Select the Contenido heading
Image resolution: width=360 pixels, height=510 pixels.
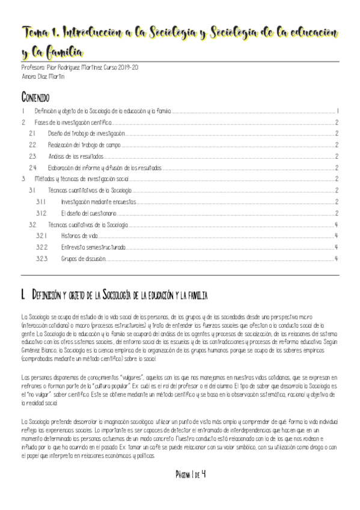point(35,97)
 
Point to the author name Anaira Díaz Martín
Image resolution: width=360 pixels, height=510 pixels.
point(43,77)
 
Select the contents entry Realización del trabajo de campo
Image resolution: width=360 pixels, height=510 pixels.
point(84,145)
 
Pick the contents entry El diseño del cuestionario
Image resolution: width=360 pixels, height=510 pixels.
point(89,213)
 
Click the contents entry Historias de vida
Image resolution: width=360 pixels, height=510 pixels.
point(79,236)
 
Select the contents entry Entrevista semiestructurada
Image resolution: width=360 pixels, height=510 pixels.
point(93,247)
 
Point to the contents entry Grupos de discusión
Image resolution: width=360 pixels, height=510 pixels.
point(83,259)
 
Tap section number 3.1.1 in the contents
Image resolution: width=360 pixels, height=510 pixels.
point(41,202)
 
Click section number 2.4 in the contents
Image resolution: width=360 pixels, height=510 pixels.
point(33,168)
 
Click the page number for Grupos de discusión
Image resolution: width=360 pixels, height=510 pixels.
point(337,259)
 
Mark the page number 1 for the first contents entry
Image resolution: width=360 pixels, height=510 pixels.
point(339,111)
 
